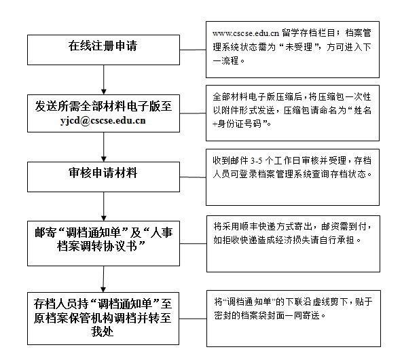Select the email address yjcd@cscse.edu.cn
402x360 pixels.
click(x=103, y=120)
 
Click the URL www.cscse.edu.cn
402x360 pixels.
click(x=246, y=33)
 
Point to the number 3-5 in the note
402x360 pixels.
click(x=257, y=161)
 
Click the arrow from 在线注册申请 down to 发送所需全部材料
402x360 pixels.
click(x=104, y=79)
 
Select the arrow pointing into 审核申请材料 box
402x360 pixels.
click(x=104, y=147)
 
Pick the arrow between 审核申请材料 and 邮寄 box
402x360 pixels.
click(x=104, y=206)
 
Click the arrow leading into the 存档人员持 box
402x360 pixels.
click(x=103, y=279)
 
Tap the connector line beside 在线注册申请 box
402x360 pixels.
click(x=193, y=50)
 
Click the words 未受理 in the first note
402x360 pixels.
click(x=299, y=47)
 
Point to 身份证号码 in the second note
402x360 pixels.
click(x=240, y=124)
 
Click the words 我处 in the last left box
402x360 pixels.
click(x=103, y=331)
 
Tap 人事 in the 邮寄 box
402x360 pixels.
click(x=162, y=232)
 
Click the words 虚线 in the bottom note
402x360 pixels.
click(x=321, y=302)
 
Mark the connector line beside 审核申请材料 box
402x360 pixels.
click(x=193, y=177)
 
